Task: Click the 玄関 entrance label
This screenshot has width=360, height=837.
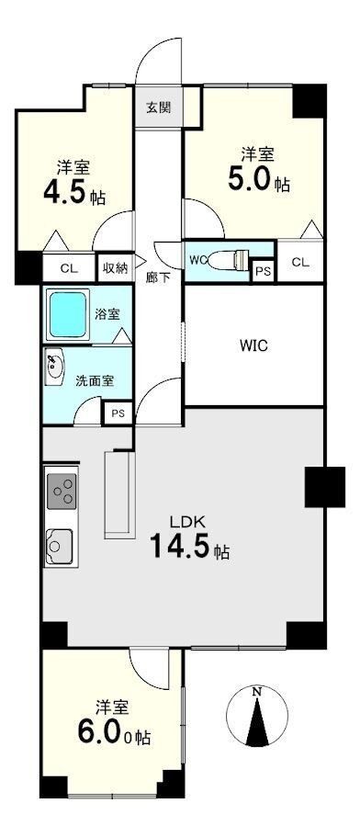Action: (158, 107)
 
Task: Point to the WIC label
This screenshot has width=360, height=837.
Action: (254, 346)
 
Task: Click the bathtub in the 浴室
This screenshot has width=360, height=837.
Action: (68, 314)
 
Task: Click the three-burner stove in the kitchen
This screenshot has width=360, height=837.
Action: (62, 492)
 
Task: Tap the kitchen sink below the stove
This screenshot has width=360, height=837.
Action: (60, 547)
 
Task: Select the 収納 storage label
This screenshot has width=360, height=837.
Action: (115, 268)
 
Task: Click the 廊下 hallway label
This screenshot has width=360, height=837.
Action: (158, 277)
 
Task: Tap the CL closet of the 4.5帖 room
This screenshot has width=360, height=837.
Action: (68, 268)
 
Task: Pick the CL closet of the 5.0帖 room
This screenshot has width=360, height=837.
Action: (300, 263)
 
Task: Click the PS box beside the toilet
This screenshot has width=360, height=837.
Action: (263, 271)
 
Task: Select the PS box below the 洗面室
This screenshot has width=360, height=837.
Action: (117, 413)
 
